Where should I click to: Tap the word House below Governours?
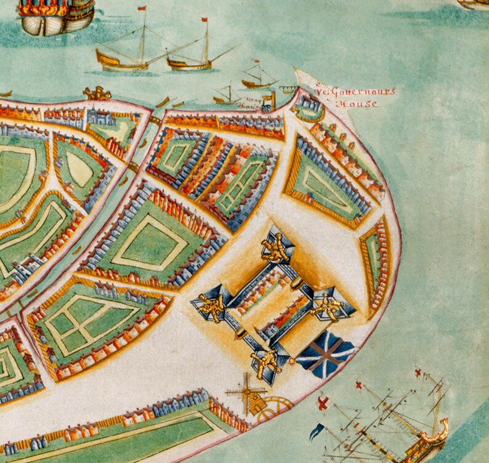coord(358,104)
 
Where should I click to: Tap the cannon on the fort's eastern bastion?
coord(326,307)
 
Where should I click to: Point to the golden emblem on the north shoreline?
coord(97,93)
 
